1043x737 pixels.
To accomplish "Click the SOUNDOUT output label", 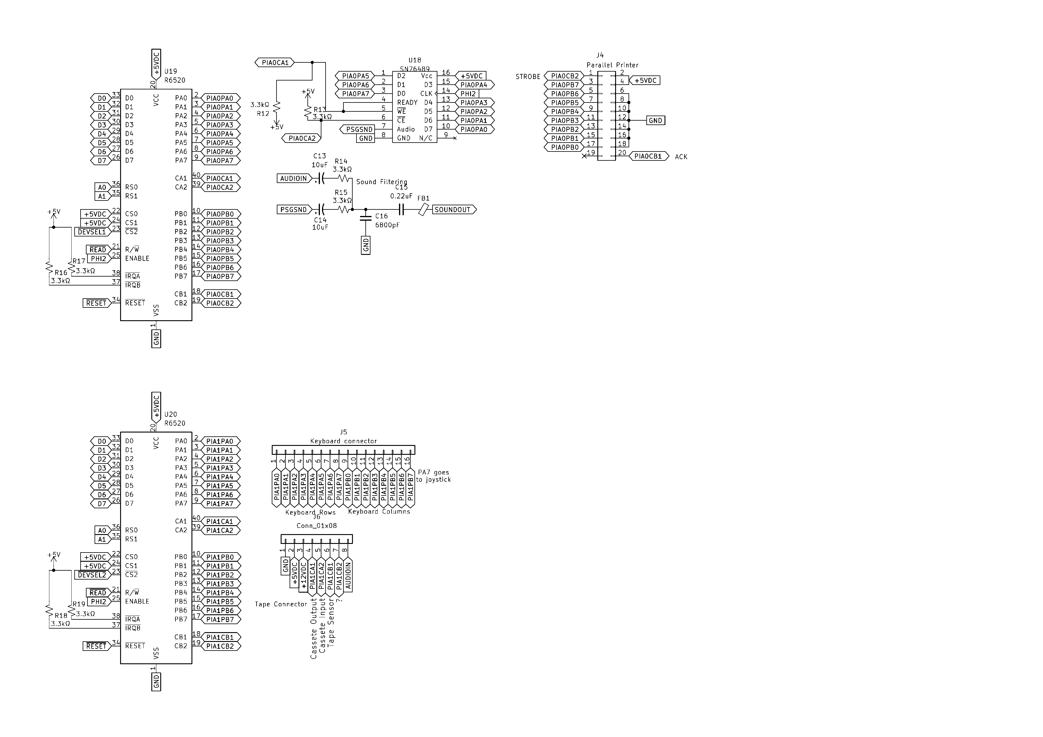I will coord(453,210).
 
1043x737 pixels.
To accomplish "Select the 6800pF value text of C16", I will coord(387,225).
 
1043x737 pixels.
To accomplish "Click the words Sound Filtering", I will coord(381,182).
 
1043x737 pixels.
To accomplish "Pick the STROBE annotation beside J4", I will coord(528,77).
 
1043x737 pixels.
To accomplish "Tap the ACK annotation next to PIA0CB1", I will coord(681,157).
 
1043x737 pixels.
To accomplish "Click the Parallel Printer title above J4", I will coord(612,65).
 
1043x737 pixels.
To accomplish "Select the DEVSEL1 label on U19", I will coord(92,232).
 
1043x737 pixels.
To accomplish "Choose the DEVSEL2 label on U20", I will coord(92,575).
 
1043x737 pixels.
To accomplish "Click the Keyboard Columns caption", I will coord(379,512).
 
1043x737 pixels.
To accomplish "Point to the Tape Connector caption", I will coord(281,604).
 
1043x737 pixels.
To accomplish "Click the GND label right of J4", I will coord(655,121).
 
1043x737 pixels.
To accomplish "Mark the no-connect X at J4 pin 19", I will coord(584,156).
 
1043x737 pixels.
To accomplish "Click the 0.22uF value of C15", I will coord(401,196).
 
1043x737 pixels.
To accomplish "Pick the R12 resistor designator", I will coord(263,114).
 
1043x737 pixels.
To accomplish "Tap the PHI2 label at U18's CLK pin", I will coord(468,94).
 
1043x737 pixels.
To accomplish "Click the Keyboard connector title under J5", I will coord(343,441).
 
